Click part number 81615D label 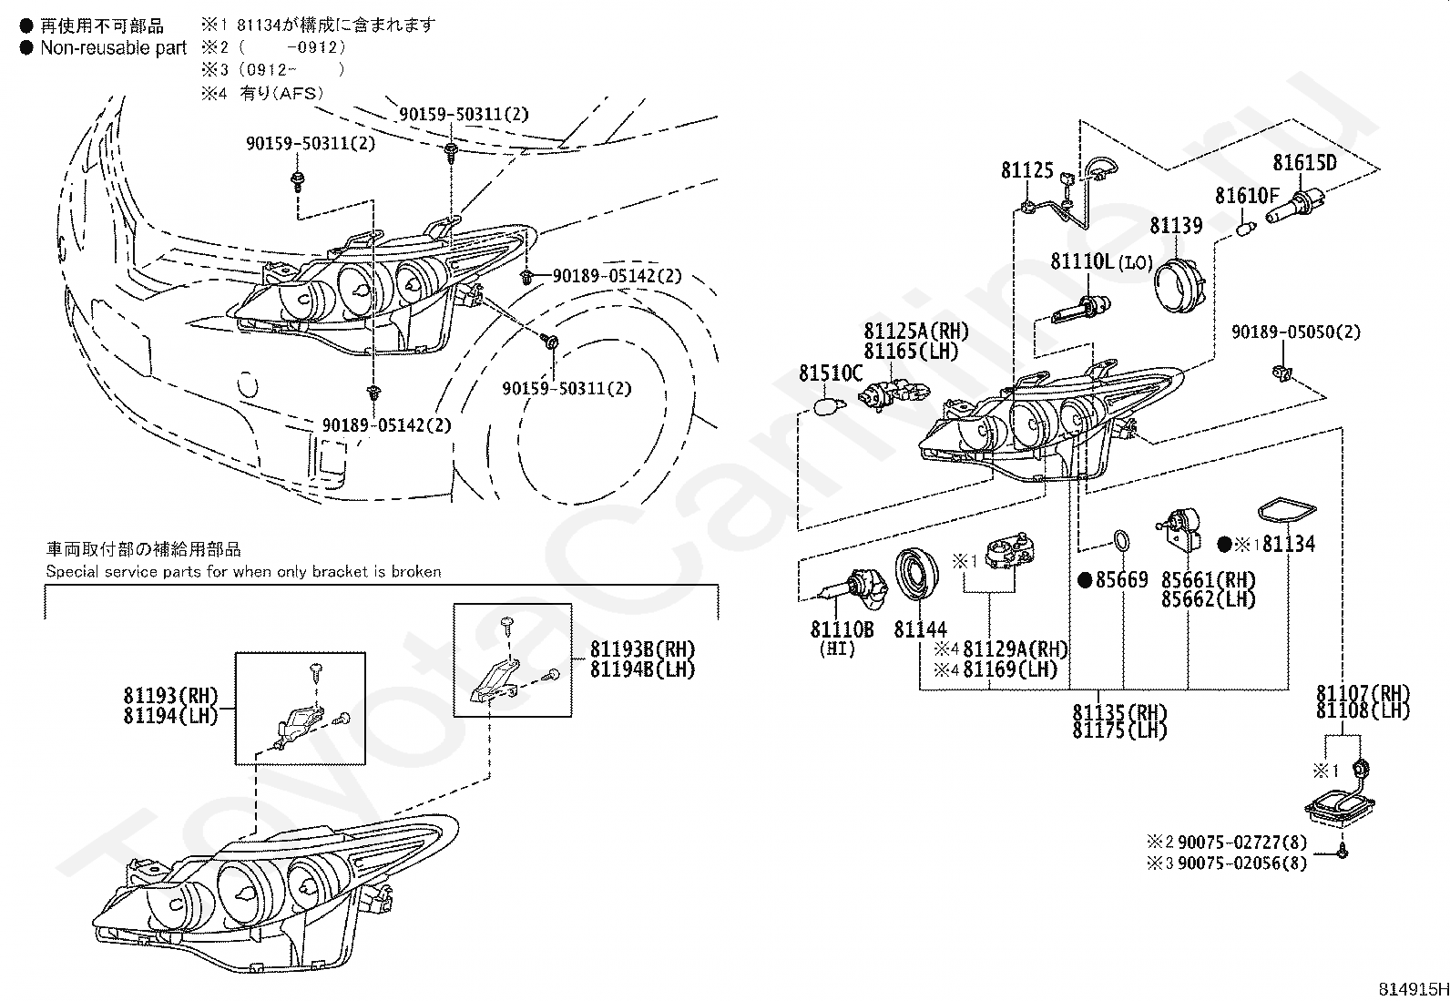[1304, 163]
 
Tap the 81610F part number [1247, 196]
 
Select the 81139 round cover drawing [1179, 281]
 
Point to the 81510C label [830, 373]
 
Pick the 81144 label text [920, 629]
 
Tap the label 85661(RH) [1208, 580]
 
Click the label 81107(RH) [1362, 693]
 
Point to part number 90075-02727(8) [1241, 843]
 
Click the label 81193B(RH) [642, 649]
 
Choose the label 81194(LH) [171, 716]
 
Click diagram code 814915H [1411, 989]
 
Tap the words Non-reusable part [113, 48]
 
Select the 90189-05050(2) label [1295, 332]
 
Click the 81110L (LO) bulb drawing [1077, 311]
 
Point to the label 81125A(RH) [916, 332]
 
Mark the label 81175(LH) [1119, 730]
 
